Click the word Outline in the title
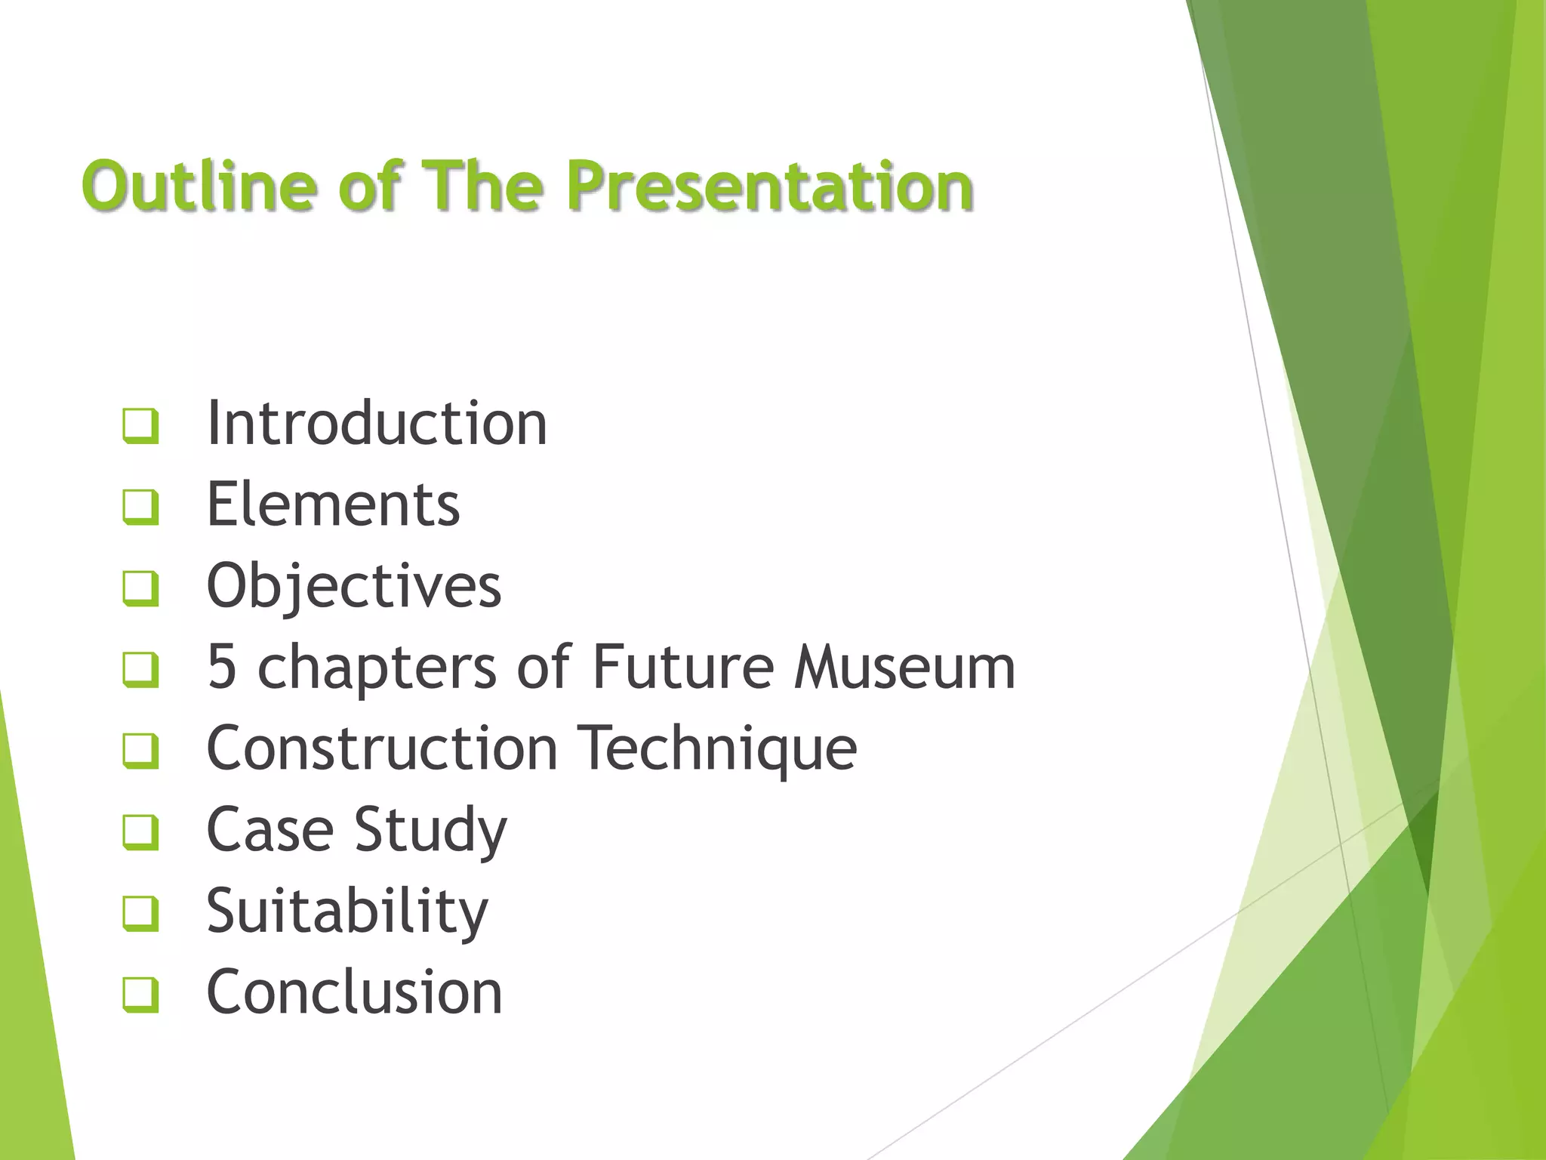click(x=199, y=185)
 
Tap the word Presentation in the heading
click(x=770, y=187)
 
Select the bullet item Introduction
click(x=377, y=423)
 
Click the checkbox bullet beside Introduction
click(x=140, y=426)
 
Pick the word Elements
click(x=333, y=504)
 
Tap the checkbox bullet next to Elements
click(x=140, y=507)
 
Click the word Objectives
click(x=354, y=586)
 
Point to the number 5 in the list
click(x=222, y=667)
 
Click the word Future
click(x=682, y=667)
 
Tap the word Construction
click(x=382, y=748)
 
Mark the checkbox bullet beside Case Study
click(x=140, y=832)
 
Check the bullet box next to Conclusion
click(x=140, y=995)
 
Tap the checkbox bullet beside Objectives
click(x=140, y=588)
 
